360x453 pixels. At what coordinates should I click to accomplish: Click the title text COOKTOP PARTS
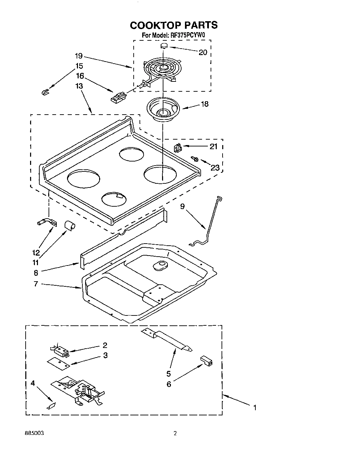point(174,25)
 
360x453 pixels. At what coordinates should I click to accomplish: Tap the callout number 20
point(203,52)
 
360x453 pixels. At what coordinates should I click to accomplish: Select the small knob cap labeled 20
point(164,46)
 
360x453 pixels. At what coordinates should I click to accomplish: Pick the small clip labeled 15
point(44,92)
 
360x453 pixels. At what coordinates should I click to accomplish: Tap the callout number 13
point(79,86)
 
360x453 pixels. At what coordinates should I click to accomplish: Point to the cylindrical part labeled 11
point(69,225)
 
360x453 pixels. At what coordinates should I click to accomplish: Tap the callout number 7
point(36,284)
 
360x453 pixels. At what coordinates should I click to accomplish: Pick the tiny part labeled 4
point(51,406)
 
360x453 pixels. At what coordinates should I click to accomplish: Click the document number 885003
point(34,433)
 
